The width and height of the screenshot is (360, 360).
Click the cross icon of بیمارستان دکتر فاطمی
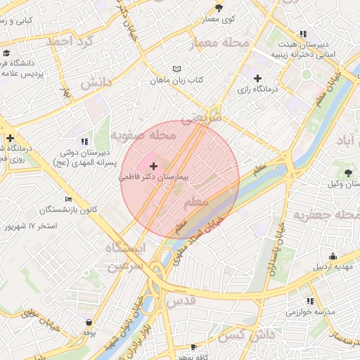154,165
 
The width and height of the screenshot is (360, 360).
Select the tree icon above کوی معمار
219,8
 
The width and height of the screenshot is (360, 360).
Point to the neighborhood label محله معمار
220,44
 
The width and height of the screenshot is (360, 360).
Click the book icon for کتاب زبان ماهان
176,69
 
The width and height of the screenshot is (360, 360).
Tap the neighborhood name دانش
96,83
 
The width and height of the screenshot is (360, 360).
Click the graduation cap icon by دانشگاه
6,53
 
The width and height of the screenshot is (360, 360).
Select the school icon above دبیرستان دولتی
85,141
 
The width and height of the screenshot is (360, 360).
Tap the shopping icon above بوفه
89,322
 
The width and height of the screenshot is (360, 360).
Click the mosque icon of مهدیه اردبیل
333,257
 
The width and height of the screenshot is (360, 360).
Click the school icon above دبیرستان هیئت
302,33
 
